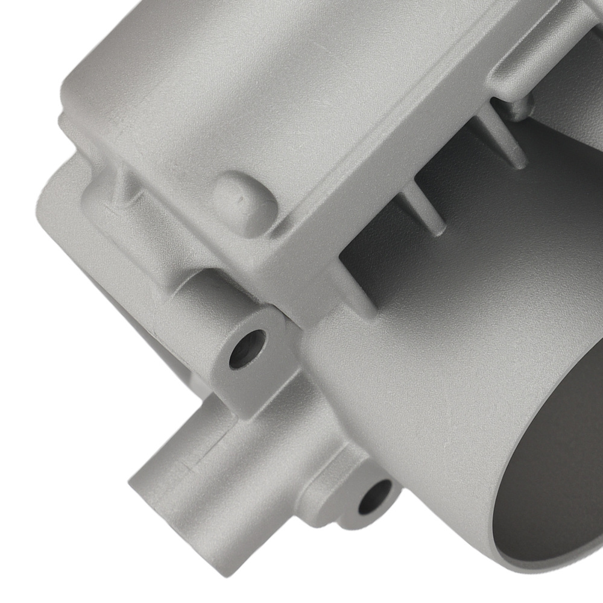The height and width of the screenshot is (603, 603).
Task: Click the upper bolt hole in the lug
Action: pyautogui.click(x=248, y=348)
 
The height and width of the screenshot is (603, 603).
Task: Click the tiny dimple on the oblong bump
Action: pyautogui.click(x=240, y=194)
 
